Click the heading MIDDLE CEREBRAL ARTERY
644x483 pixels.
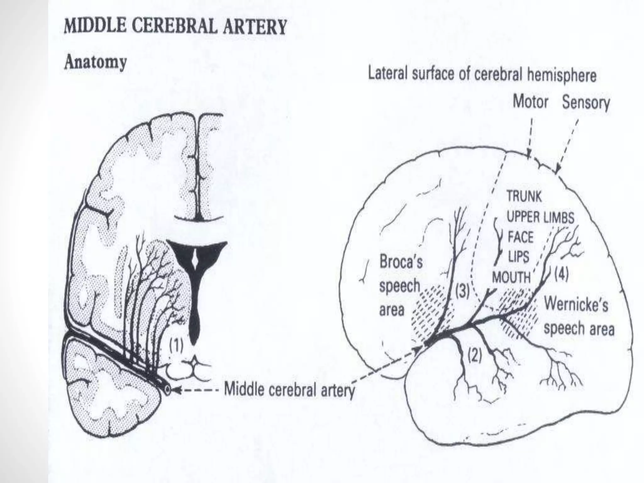pos(175,27)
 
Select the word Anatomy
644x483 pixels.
pos(95,62)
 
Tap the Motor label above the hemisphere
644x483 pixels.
pos(530,102)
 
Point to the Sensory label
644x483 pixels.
pos(586,103)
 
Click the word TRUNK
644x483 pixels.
pos(524,197)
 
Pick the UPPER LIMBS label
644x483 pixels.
pos(541,217)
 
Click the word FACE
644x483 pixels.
pos(521,237)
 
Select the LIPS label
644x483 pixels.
pos(519,257)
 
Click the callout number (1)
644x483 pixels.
pos(176,346)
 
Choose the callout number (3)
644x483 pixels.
pos(462,292)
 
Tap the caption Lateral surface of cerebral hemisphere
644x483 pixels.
pos(482,75)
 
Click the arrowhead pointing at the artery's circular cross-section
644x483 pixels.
pos(176,390)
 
